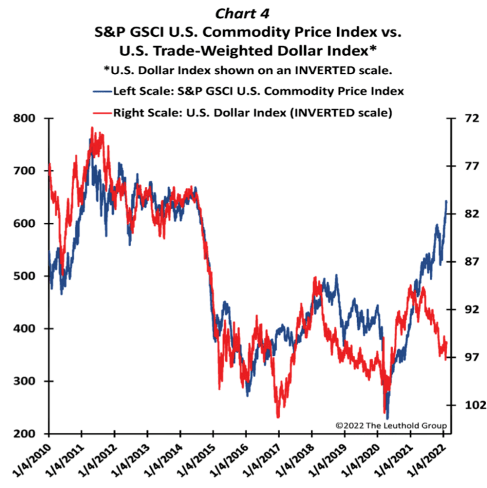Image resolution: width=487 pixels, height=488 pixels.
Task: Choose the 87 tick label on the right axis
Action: (x=464, y=262)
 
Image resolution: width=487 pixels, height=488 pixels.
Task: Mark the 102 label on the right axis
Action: (x=466, y=405)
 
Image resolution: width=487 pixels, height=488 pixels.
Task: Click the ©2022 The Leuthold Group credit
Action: (x=391, y=425)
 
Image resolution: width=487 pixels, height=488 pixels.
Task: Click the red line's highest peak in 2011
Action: (x=91, y=127)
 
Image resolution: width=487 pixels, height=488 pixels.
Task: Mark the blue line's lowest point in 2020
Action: (x=388, y=418)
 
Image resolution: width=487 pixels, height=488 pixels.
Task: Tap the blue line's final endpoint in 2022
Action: (x=447, y=201)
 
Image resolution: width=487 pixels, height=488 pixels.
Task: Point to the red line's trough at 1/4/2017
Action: (x=278, y=417)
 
